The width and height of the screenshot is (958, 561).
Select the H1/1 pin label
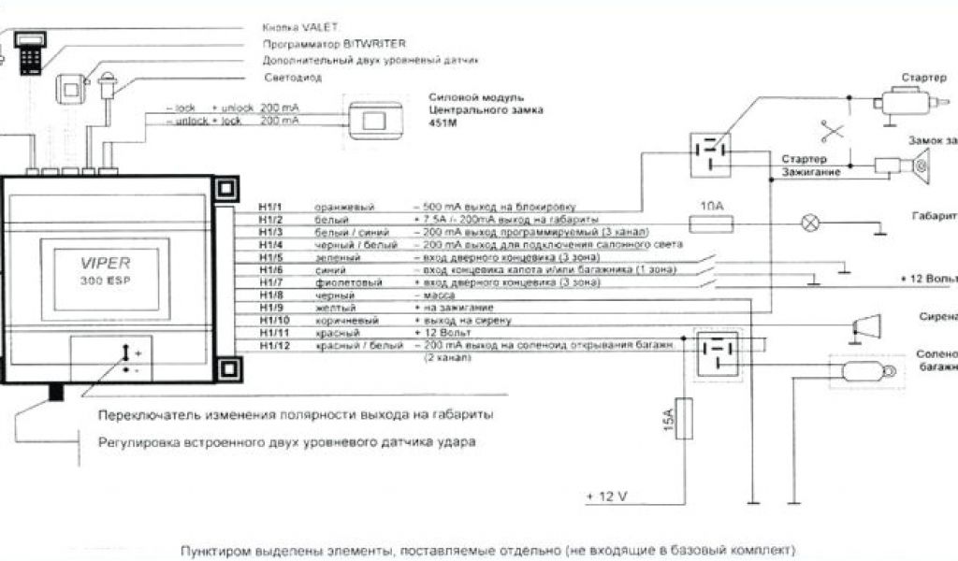pos(271,206)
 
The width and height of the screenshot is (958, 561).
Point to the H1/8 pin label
pos(271,295)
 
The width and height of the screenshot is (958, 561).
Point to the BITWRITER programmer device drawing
pos(29,47)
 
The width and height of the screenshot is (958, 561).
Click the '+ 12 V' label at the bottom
pos(609,495)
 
